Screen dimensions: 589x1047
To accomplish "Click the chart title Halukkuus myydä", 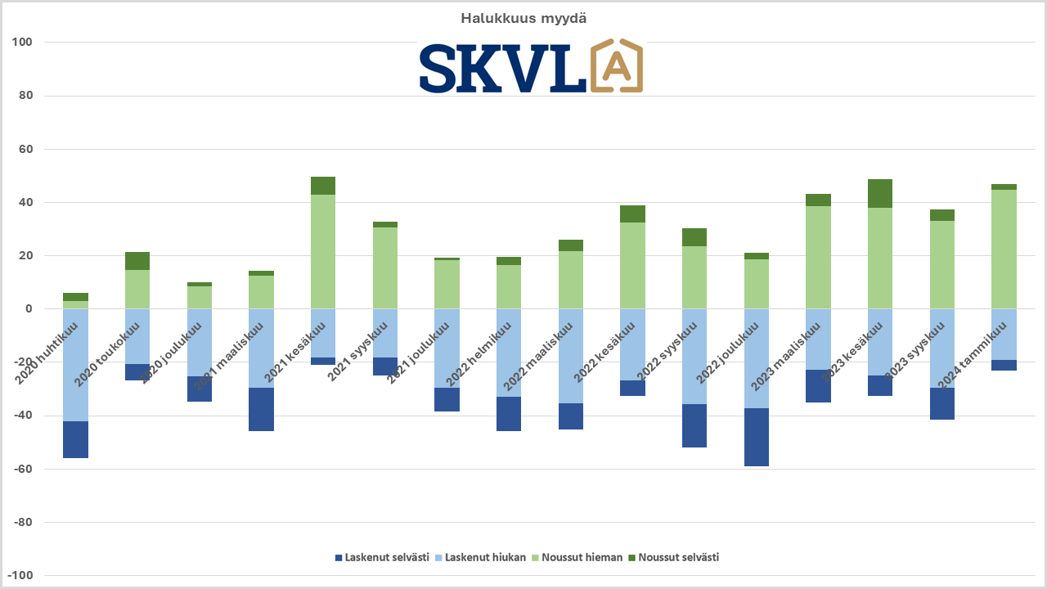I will [523, 18].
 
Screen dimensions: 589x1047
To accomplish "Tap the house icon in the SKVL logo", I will [616, 65].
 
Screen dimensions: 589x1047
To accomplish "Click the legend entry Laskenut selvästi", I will [382, 558].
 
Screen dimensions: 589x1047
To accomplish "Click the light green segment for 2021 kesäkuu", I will [323, 252].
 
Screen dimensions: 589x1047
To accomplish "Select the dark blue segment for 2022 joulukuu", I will [757, 437].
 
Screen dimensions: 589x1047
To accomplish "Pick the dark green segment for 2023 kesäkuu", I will [880, 193].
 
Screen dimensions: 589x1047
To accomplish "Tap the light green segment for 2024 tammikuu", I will [1004, 249].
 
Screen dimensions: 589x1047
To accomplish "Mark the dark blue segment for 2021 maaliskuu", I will [261, 409].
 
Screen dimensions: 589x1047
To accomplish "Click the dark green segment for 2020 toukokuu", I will [137, 261].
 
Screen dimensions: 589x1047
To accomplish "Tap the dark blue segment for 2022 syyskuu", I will [694, 425].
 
